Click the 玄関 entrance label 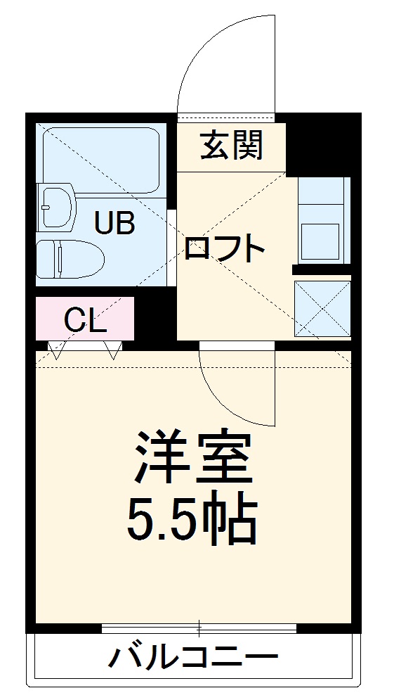coord(232,146)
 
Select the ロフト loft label coord(224,248)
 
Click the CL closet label coord(85,321)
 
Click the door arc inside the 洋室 coord(232,394)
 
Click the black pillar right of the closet coord(155,321)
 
